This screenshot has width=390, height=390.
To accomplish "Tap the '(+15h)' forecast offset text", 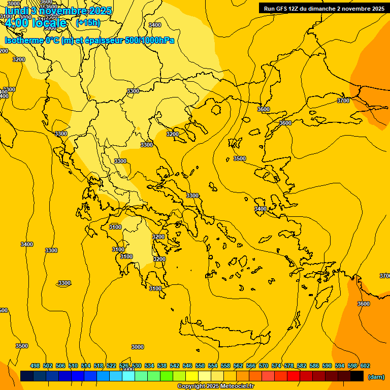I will click(88, 23).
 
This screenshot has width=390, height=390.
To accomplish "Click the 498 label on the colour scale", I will click(35, 366).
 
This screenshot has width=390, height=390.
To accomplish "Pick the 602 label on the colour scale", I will click(365, 366).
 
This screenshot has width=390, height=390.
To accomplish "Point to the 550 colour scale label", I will click(200, 366).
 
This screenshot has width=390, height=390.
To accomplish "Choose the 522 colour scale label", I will click(111, 366).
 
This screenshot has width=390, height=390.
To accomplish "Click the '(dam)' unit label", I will click(376, 377).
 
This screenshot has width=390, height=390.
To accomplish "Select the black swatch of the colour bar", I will click(357, 376).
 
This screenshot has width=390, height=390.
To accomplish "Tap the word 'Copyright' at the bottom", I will click(191, 386).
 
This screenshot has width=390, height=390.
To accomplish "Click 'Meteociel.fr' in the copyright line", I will click(237, 386).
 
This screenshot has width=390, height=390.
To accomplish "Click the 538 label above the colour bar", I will click(162, 366).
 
